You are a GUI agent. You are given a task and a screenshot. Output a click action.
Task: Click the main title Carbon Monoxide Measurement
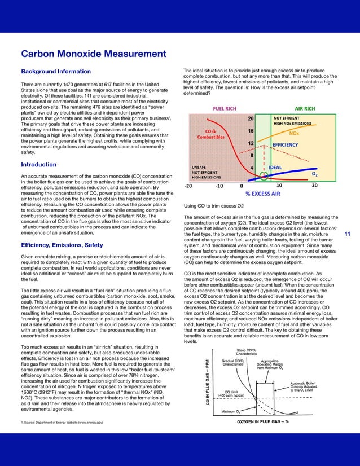pyautogui.click(x=93, y=54)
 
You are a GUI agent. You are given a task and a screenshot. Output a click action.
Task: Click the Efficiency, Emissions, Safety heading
pyautogui.click(x=62, y=245)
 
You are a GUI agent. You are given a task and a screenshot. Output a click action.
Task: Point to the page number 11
pyautogui.click(x=348, y=235)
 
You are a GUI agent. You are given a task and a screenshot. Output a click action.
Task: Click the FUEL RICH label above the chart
pyautogui.click(x=224, y=108)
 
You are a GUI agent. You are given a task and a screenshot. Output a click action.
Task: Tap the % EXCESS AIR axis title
pyautogui.click(x=262, y=194)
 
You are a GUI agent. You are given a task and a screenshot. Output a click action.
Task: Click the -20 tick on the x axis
pyautogui.click(x=189, y=186)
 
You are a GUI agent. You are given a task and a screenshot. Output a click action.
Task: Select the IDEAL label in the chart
pyautogui.click(x=275, y=168)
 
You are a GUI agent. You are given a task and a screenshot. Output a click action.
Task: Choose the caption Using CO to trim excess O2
pyautogui.click(x=214, y=205)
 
